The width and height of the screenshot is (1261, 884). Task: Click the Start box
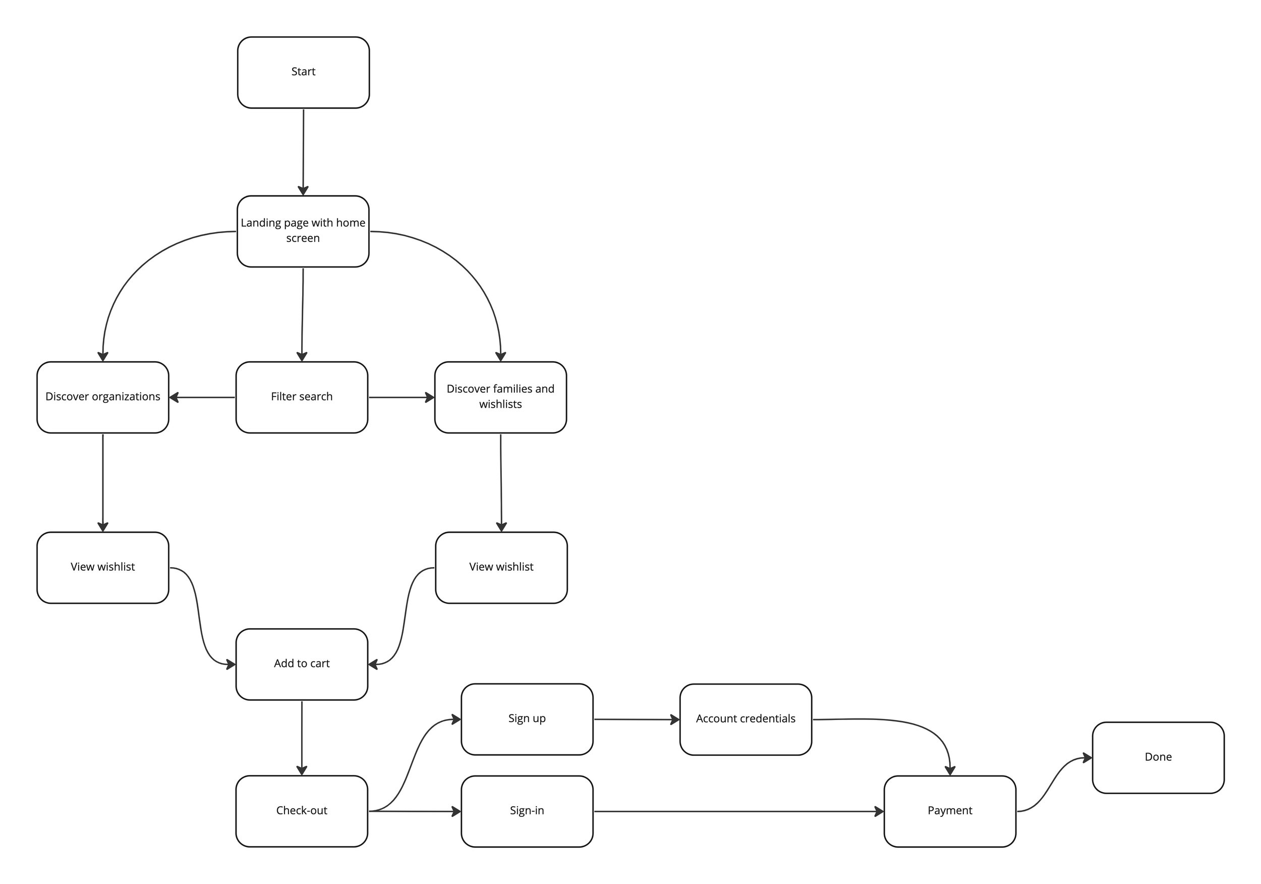point(303,72)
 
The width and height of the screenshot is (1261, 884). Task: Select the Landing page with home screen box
point(303,231)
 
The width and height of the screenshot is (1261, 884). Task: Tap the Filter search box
point(302,397)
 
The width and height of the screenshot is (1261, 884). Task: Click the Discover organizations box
point(103,397)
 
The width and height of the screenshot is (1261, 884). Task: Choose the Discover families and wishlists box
point(500,397)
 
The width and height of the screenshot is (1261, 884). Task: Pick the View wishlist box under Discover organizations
point(103,567)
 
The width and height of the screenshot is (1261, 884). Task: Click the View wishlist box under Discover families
point(501,567)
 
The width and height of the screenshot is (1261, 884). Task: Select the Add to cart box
point(302,664)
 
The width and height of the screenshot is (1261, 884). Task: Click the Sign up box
point(527,719)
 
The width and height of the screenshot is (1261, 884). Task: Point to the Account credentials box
point(746,719)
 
